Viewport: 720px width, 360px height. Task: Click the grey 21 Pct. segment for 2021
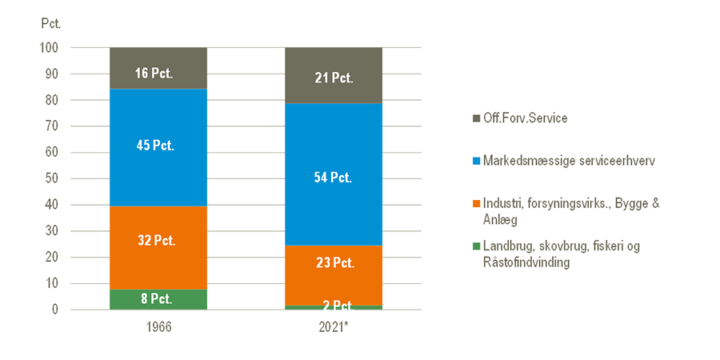pos(334,78)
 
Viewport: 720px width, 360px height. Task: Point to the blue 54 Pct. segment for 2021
pos(334,178)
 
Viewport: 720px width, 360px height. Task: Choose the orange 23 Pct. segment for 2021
pos(334,262)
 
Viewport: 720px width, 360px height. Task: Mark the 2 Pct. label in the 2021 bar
pos(334,306)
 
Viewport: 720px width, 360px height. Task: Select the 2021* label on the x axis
pos(334,329)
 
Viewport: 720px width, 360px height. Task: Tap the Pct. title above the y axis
pos(50,22)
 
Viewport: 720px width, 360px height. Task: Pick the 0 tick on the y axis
pos(56,310)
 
